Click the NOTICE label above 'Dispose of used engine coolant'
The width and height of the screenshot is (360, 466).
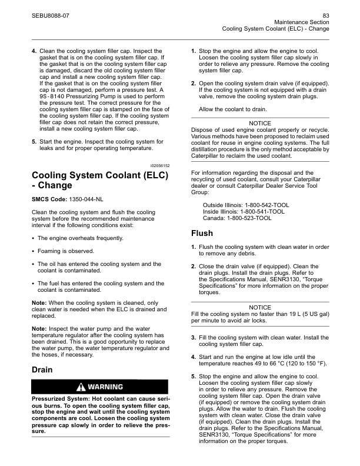(260, 123)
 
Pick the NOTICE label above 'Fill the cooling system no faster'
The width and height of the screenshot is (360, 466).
(260, 307)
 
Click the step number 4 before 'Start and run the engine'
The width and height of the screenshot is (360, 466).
(194, 357)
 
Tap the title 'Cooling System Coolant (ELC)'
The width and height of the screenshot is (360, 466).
(99, 176)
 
